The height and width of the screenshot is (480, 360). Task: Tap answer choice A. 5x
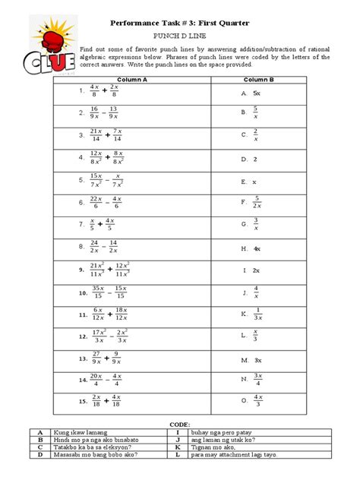[x=251, y=92]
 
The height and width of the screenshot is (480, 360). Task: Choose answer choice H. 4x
[x=251, y=248]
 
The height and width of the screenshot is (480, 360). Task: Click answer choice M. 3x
[x=251, y=359]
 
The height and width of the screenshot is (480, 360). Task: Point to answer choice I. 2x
[x=251, y=270]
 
